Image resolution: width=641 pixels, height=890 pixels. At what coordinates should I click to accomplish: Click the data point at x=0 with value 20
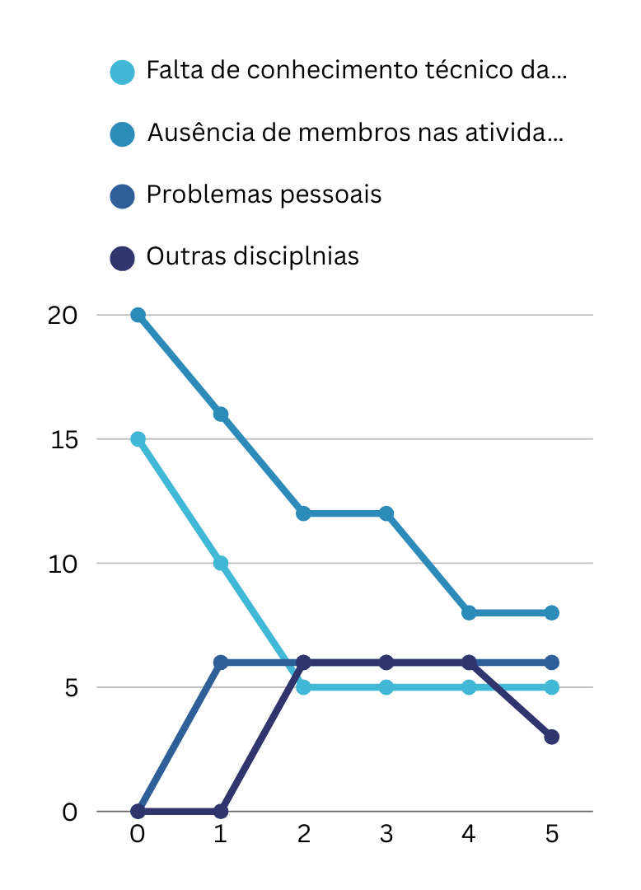click(x=138, y=315)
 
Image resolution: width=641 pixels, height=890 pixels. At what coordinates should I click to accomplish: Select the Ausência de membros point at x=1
click(x=221, y=414)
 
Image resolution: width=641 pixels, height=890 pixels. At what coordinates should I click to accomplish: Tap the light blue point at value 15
click(x=138, y=439)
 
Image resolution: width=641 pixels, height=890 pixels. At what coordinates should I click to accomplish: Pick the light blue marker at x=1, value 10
click(x=221, y=564)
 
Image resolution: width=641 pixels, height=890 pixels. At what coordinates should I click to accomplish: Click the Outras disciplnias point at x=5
click(x=551, y=737)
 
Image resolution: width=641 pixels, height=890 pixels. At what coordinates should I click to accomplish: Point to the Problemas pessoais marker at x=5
click(x=551, y=663)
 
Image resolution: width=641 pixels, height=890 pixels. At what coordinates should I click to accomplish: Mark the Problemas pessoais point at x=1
click(x=221, y=663)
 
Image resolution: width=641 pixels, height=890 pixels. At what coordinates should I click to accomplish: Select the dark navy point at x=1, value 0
click(x=221, y=811)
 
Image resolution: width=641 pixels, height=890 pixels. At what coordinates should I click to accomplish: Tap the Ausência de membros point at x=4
click(x=469, y=612)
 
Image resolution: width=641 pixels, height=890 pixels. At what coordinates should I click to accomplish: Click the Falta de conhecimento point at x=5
click(x=551, y=687)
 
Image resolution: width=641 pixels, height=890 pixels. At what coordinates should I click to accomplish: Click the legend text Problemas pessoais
click(x=264, y=195)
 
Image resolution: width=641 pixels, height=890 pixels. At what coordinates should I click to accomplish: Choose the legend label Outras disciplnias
click(x=252, y=256)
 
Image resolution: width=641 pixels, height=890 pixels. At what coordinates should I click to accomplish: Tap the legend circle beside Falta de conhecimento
click(x=122, y=72)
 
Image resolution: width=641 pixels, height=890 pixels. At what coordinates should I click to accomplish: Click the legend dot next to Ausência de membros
click(x=122, y=133)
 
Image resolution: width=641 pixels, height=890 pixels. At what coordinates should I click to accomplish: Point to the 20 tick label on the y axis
click(x=63, y=316)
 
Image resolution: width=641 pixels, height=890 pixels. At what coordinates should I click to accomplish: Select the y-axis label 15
click(x=63, y=439)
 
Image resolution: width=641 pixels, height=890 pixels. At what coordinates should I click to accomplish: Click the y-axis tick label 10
click(x=63, y=564)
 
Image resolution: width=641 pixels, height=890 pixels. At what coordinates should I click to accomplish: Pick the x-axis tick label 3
click(x=386, y=834)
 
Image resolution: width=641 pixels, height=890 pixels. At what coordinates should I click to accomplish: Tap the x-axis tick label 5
click(x=551, y=834)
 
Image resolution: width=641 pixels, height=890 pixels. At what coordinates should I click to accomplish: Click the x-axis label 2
click(x=303, y=834)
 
